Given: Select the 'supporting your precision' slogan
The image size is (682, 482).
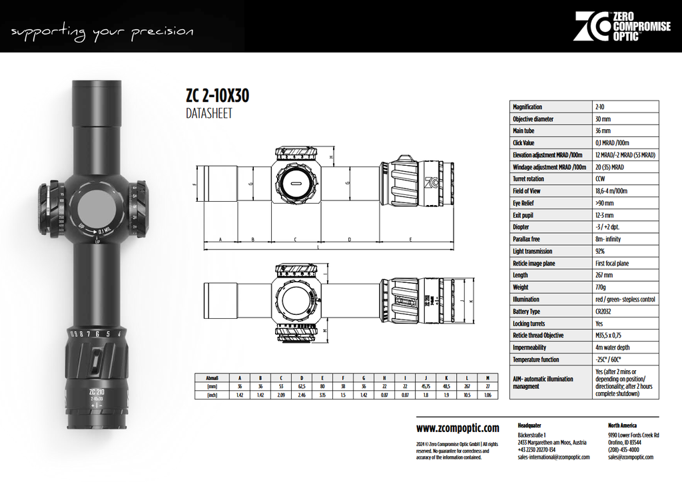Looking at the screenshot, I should [x=103, y=31].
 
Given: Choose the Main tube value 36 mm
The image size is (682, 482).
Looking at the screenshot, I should [x=603, y=131].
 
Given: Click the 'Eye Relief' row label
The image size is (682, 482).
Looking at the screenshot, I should [x=526, y=203].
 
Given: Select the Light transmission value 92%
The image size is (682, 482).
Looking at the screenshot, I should [x=600, y=252].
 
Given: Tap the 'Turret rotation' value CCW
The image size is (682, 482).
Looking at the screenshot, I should [x=600, y=179].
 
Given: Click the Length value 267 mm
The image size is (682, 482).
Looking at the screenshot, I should [x=603, y=276].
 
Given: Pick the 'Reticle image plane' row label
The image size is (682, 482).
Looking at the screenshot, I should [x=534, y=264].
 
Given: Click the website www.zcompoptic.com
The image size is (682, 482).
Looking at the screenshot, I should [x=457, y=428].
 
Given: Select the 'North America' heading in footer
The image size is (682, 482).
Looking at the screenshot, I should [x=622, y=425].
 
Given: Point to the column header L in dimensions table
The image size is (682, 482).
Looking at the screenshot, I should [x=467, y=377].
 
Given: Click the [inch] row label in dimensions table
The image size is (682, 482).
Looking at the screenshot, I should [x=212, y=395].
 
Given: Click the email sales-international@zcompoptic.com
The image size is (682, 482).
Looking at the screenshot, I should [x=552, y=457].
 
